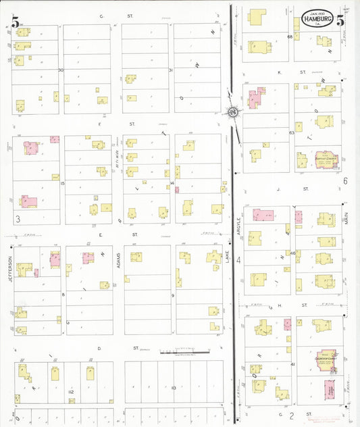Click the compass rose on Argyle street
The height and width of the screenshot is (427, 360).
point(232,112)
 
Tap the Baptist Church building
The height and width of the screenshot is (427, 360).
point(326,160)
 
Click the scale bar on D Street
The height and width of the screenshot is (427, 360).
point(179,352)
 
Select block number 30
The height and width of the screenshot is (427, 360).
point(61,70)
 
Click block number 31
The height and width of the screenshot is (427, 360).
point(171,70)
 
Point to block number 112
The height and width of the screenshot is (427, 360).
point(70,391)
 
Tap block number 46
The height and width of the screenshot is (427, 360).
point(293,253)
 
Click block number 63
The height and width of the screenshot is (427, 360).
point(292,133)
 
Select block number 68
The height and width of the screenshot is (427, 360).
point(290,36)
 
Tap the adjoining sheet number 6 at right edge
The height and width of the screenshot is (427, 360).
point(344,180)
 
